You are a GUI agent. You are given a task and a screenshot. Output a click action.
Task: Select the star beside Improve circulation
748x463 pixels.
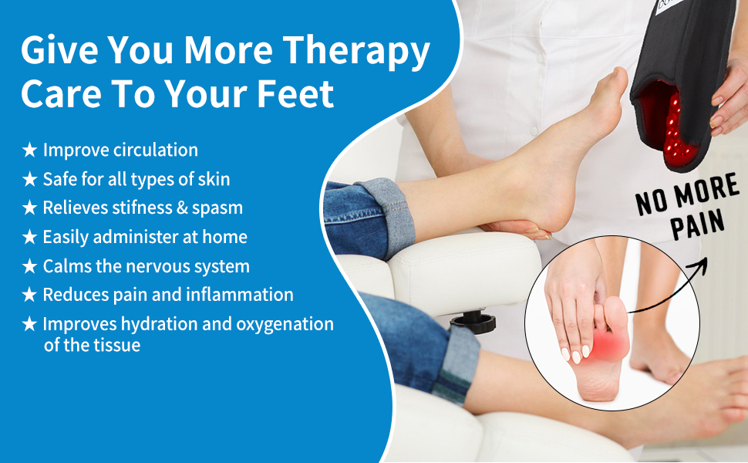tap(29, 150)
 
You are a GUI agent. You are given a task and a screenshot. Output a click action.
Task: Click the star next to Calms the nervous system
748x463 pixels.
tap(29, 267)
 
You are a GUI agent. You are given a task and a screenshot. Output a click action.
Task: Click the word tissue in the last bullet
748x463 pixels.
tap(114, 345)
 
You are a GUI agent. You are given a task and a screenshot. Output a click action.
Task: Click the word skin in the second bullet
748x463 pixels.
tap(213, 179)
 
